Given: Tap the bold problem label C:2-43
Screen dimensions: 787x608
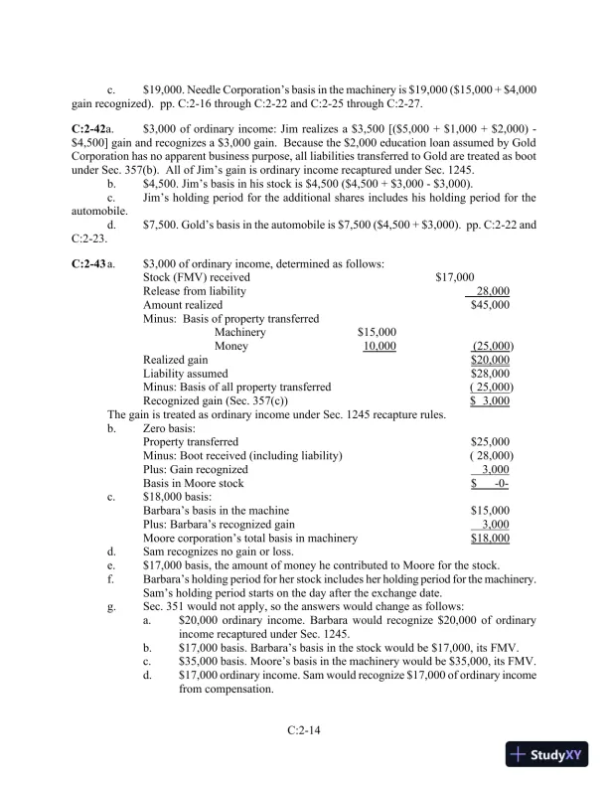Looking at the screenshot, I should (89, 262).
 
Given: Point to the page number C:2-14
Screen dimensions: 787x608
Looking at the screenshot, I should (303, 729).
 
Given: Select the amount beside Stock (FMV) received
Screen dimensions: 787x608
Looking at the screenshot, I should (454, 276).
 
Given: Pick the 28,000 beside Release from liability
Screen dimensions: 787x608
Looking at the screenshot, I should (494, 290).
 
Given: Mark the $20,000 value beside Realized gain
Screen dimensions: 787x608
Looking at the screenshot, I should (490, 359).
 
